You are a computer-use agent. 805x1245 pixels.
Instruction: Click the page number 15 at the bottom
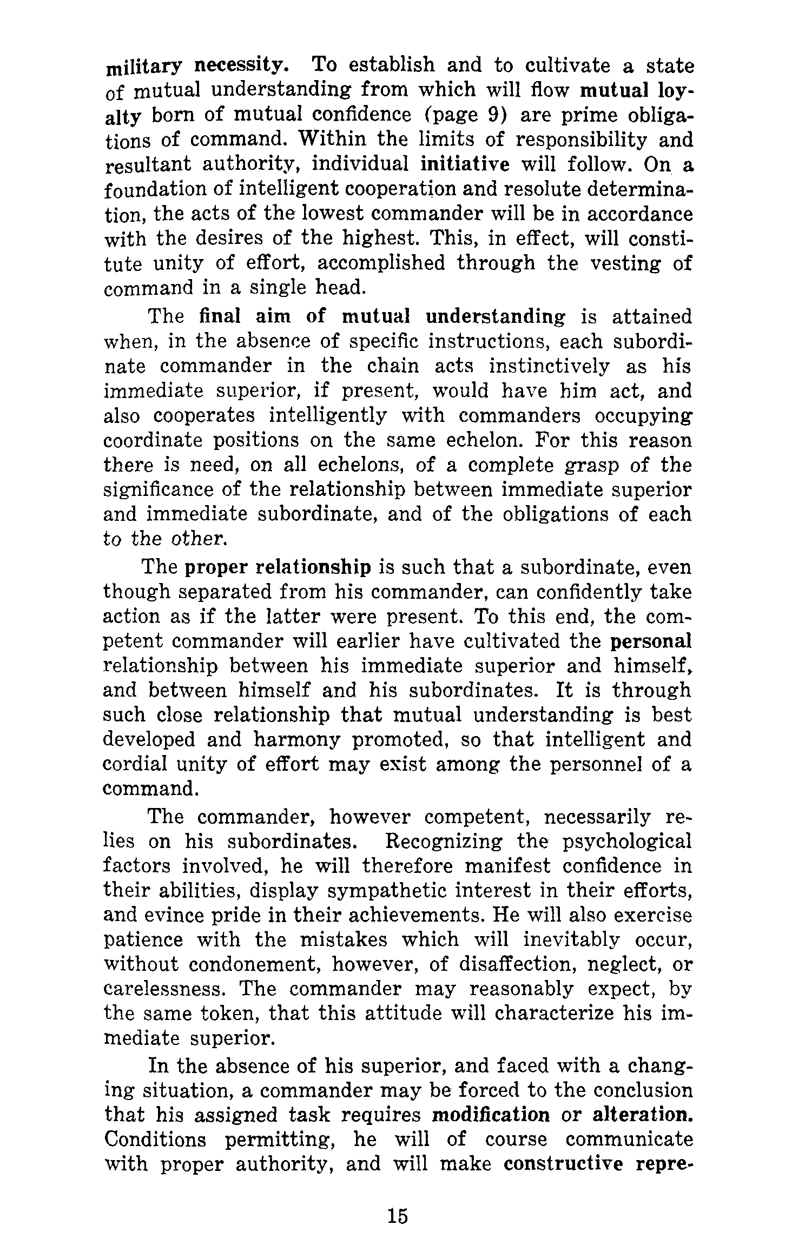397,1217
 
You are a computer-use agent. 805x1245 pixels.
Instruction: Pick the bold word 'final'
220,316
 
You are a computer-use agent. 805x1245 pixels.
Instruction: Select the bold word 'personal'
651,641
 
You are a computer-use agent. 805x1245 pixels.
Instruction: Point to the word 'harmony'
296,740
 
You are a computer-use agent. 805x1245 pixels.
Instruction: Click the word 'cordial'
137,765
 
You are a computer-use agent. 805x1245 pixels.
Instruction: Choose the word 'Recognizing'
444,842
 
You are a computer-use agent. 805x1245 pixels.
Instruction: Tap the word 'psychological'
627,842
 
